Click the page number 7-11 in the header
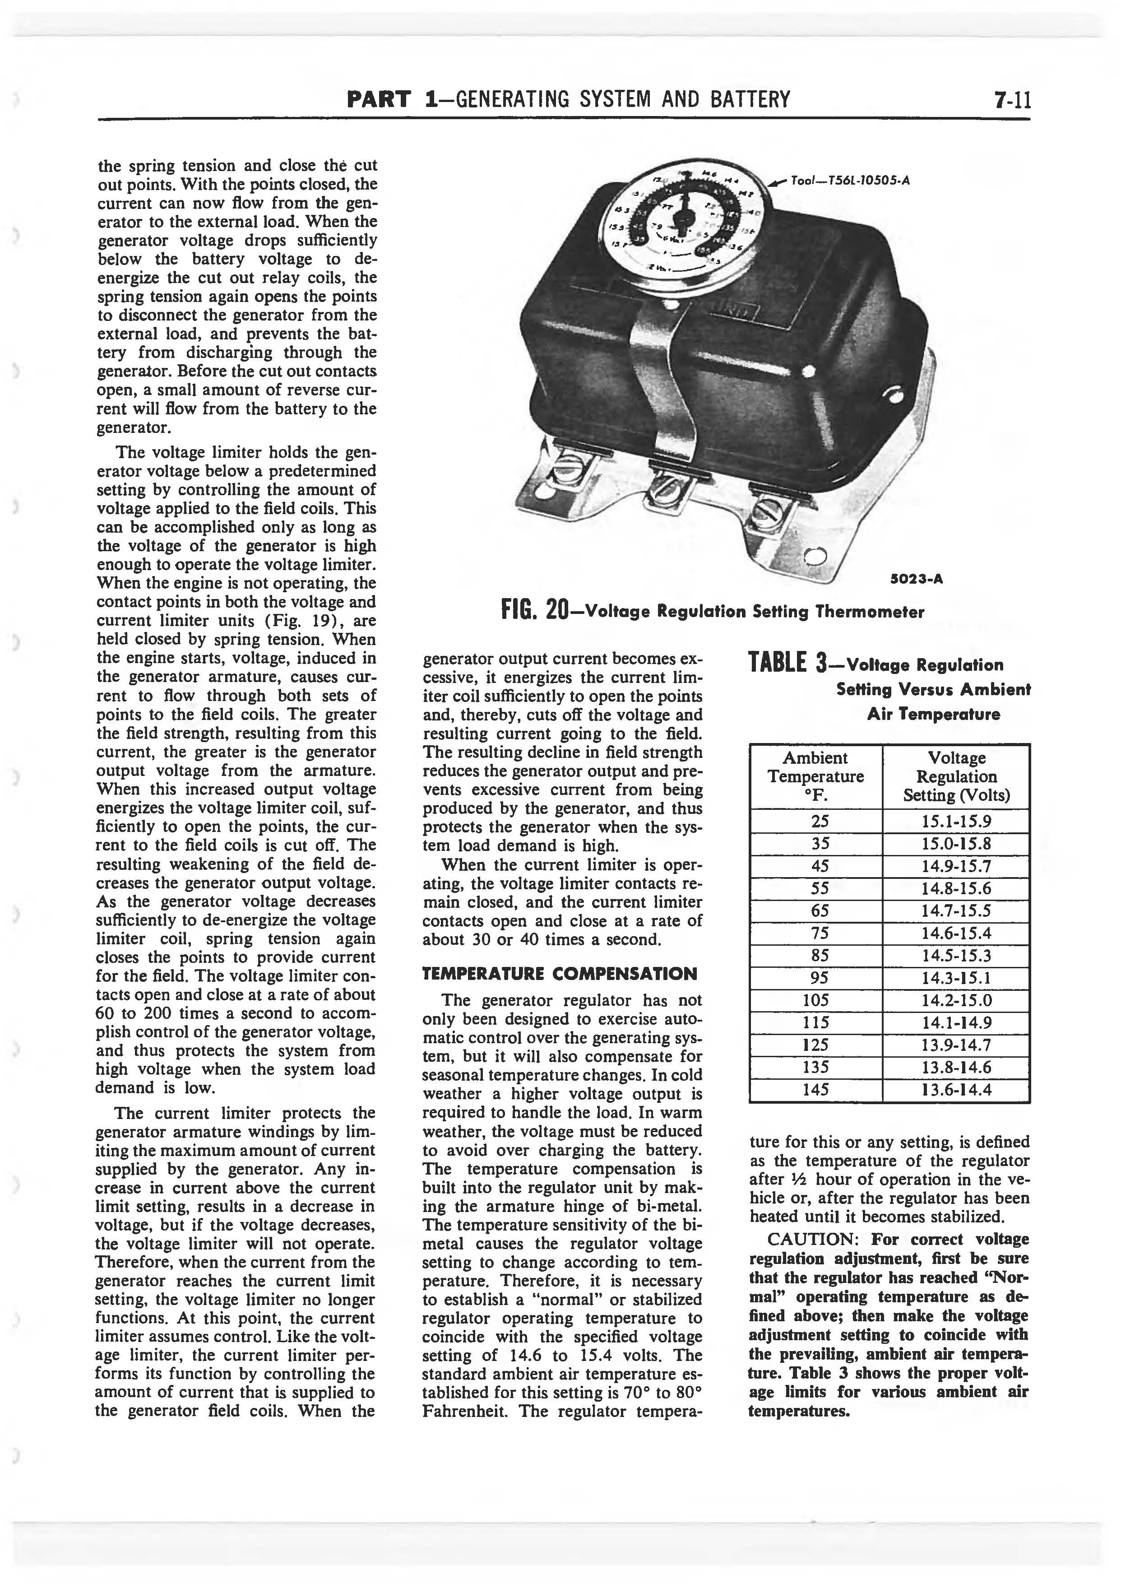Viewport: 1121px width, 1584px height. [1012, 100]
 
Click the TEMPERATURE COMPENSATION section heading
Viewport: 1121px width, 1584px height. [559, 974]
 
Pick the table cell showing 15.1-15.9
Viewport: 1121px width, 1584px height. [956, 822]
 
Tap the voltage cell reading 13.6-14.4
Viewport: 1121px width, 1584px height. [956, 1090]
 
